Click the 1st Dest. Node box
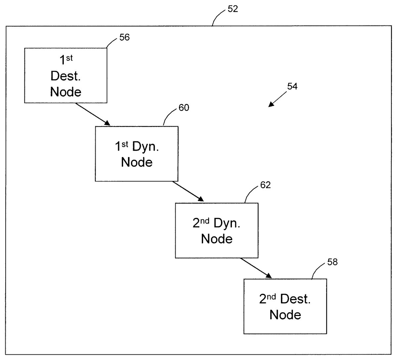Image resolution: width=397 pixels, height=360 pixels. [66, 76]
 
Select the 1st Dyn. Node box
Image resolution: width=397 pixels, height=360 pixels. [137, 154]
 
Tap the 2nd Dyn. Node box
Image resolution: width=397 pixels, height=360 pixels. [217, 231]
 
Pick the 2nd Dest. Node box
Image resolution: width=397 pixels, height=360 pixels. [285, 306]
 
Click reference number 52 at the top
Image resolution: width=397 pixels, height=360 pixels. [233, 9]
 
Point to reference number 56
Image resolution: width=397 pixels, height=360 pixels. [124, 37]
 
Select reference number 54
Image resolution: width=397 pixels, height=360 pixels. [292, 87]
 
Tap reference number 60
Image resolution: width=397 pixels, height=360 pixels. [184, 108]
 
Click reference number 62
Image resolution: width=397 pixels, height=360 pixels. [265, 185]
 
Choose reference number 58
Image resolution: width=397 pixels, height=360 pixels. [332, 262]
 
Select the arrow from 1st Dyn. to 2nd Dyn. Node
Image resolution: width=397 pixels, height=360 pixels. [188, 191]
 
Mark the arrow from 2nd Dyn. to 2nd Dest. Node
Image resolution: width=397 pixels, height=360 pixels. [256, 268]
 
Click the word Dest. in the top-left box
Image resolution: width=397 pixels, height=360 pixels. [66, 76]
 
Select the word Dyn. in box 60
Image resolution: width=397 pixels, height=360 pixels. [146, 147]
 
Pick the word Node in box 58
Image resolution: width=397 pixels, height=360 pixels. [285, 315]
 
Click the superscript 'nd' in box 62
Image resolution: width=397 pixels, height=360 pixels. [205, 221]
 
